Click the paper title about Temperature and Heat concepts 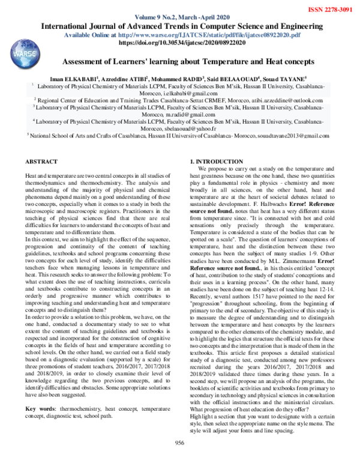click(180, 62)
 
